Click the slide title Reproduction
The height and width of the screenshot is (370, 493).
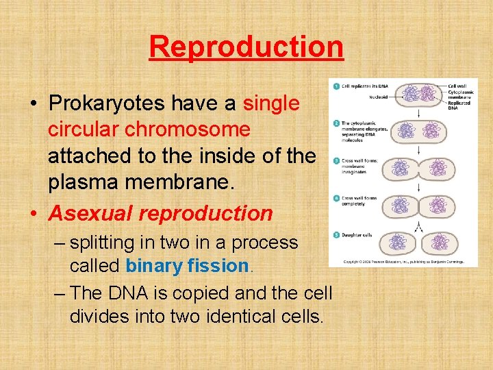point(246,47)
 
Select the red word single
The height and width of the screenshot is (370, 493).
point(271,103)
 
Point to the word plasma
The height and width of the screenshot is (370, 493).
point(80,182)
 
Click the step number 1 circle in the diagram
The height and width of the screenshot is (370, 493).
point(336,85)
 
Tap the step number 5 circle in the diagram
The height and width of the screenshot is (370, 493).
point(336,234)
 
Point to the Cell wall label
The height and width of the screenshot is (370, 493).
point(457,85)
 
